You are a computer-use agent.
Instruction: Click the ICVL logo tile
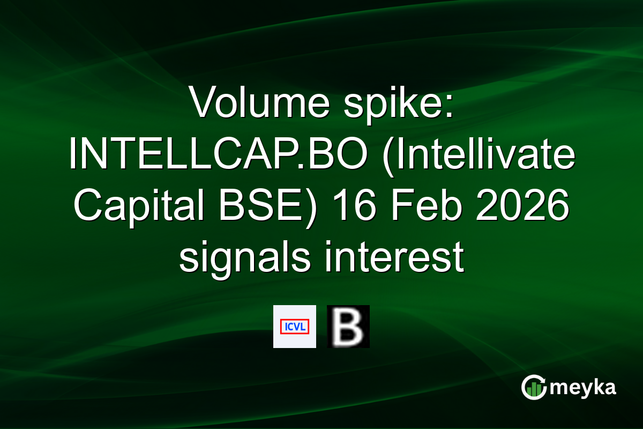295,327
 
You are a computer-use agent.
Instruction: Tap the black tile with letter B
348,327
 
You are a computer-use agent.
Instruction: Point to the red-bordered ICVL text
295,326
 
